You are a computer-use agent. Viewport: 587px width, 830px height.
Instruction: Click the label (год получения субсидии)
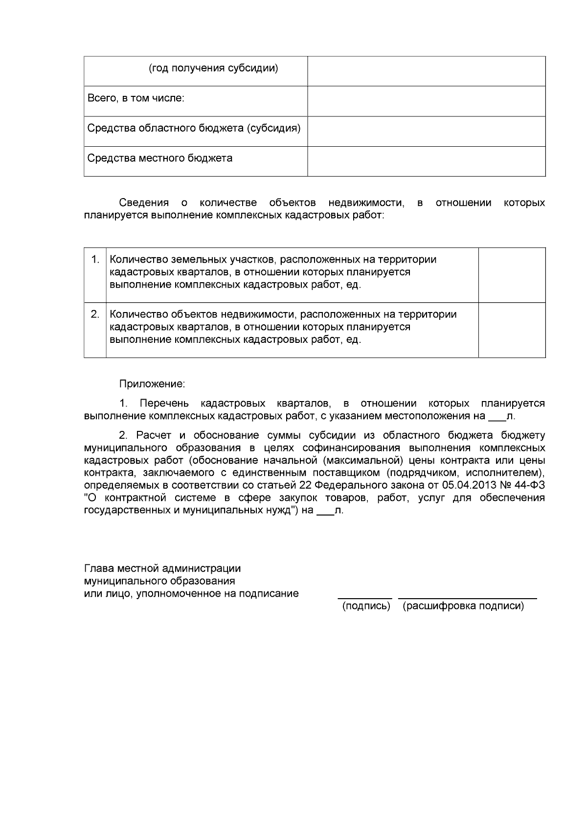click(x=213, y=68)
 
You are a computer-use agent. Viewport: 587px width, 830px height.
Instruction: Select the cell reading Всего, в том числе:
click(x=135, y=98)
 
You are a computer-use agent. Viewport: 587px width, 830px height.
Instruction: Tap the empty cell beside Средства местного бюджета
click(x=426, y=161)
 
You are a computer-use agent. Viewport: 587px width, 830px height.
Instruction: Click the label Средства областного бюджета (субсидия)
click(x=194, y=128)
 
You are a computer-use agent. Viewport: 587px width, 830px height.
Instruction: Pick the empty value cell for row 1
click(x=512, y=275)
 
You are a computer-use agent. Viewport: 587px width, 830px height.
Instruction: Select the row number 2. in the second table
click(x=95, y=314)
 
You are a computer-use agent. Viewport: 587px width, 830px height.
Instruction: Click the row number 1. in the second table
click(x=95, y=259)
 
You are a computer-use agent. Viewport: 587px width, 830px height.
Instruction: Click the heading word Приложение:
click(x=152, y=384)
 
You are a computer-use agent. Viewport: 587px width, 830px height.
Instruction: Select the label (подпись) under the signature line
click(x=366, y=606)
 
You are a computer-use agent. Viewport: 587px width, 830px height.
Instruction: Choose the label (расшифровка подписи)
click(x=463, y=606)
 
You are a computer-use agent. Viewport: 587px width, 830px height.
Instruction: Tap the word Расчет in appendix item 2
click(x=152, y=435)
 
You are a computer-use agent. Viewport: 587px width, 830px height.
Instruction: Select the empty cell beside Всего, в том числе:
click(x=426, y=101)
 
